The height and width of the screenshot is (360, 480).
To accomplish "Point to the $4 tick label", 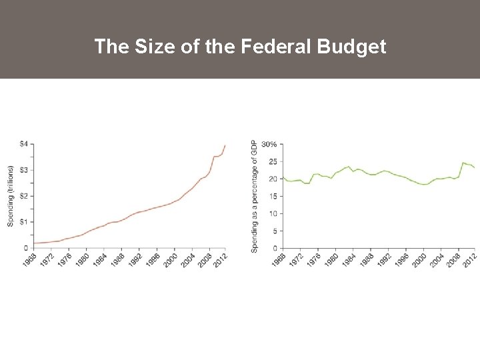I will pos(23,144).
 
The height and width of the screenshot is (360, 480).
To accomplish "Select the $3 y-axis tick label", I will pos(23,170).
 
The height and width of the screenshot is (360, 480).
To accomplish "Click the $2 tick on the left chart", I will pos(23,196).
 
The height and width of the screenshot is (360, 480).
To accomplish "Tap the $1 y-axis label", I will pos(23,222).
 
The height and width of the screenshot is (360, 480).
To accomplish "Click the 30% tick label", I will pos(270,144).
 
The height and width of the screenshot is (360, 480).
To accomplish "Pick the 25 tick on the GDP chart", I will pos(273,161).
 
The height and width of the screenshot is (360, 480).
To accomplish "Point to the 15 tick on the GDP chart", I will pos(273,196).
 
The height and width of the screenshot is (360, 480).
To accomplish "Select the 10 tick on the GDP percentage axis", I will pos(273,213).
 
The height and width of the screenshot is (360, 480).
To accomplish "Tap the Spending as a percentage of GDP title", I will pos(254,196).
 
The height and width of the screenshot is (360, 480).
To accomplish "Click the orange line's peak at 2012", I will pos(225,145).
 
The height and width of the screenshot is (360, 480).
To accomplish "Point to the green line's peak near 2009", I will pos(463,163).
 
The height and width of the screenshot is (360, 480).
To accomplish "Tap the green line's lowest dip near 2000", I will pos(423,185).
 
